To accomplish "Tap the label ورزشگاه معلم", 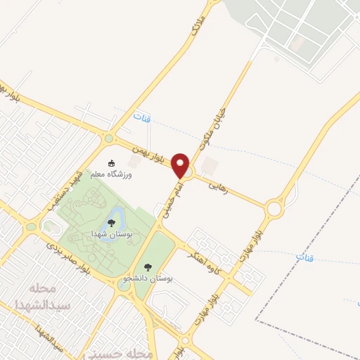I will coord(115,172).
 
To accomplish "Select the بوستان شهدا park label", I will coord(110,233).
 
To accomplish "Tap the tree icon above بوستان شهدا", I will coord(110,223).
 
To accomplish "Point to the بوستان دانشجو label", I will coord(148,278).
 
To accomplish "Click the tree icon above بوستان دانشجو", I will coord(148,267).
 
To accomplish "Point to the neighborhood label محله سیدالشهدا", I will coord(43,297).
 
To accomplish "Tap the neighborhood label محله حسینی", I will coord(127,352).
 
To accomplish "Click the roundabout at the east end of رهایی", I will coord(275,208).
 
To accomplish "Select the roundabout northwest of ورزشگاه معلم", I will coord(108,139).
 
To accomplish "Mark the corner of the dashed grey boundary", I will coord(255,321).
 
